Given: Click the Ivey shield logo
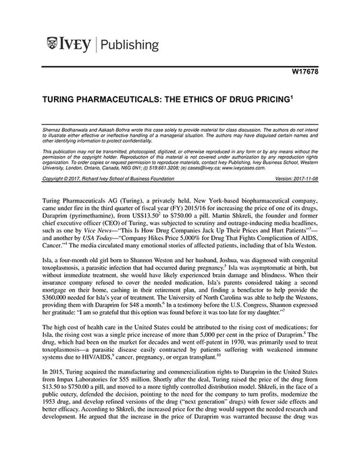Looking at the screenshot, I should click(57, 45).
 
